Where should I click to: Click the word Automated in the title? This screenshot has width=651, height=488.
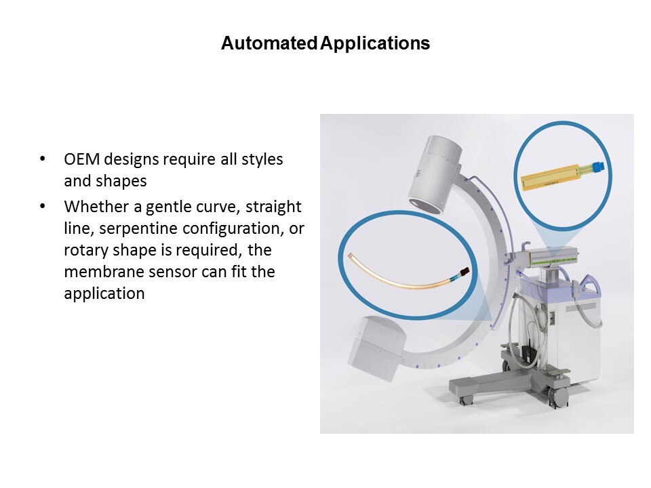[269, 43]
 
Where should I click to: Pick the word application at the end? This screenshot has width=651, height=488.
[104, 294]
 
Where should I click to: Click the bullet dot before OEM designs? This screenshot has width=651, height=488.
[42, 159]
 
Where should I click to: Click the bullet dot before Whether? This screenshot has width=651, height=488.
[42, 206]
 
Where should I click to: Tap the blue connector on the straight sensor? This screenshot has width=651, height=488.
[597, 167]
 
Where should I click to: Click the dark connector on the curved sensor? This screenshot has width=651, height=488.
[463, 272]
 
